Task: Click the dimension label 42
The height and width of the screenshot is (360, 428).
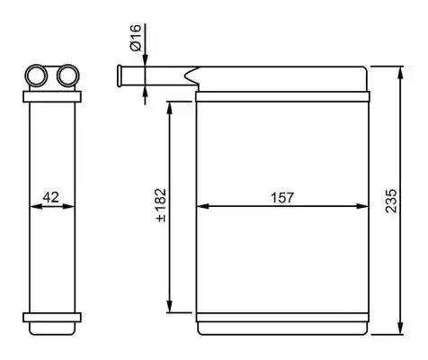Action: point(51,197)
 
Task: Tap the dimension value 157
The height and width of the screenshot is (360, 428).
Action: point(282,198)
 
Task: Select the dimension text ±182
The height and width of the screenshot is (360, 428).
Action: point(161,205)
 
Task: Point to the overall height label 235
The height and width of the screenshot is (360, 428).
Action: point(391,201)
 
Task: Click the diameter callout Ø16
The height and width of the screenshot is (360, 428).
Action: point(135,38)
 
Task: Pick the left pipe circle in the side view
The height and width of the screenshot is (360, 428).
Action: point(36,76)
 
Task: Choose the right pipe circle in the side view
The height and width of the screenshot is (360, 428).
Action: point(68,76)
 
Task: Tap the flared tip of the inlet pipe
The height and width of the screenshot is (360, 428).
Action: point(120,76)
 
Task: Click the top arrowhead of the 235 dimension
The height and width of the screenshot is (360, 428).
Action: point(400,73)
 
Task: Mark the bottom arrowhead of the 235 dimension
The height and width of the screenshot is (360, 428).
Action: point(400,328)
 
